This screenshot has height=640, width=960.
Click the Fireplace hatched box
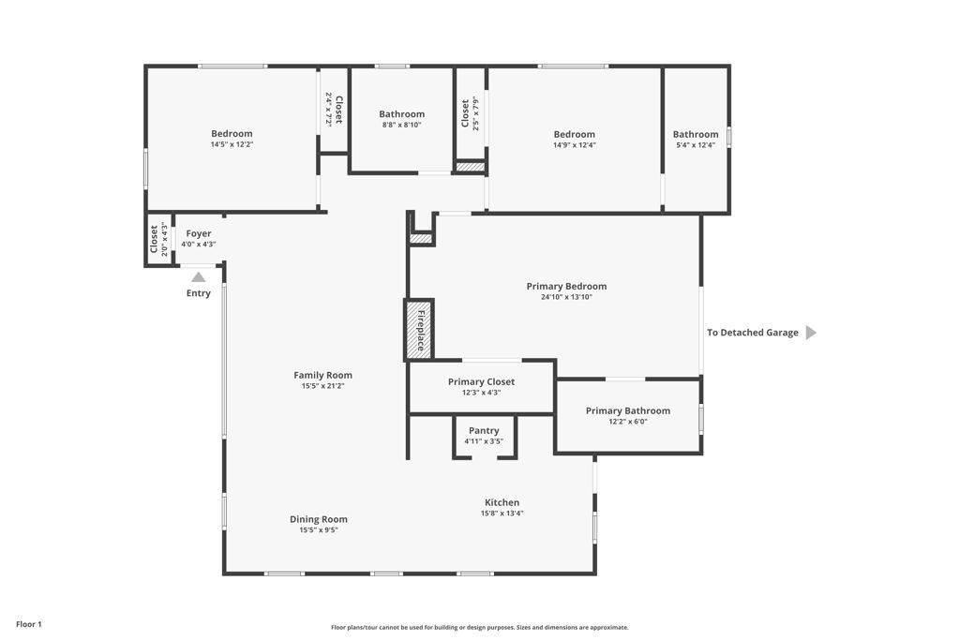419,330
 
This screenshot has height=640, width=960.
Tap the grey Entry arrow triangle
199,277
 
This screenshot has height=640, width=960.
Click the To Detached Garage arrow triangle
811,333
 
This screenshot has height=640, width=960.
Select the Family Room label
322,375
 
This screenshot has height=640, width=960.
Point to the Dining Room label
319,519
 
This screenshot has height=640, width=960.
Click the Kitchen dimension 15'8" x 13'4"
502,513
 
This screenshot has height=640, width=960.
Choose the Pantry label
484,430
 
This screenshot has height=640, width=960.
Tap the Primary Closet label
481,381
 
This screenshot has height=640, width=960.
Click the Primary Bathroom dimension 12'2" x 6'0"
627,422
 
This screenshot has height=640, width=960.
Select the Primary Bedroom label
566,286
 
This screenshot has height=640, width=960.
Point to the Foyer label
199,233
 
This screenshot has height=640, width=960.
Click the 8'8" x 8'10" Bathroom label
401,113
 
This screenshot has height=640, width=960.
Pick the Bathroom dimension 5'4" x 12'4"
696,145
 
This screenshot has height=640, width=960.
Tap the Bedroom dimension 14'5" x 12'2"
232,144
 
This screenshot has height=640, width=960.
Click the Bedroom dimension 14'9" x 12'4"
575,145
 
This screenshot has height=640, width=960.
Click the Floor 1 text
29,624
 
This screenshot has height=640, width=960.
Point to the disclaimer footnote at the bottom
480,627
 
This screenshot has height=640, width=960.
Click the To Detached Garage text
753,333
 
